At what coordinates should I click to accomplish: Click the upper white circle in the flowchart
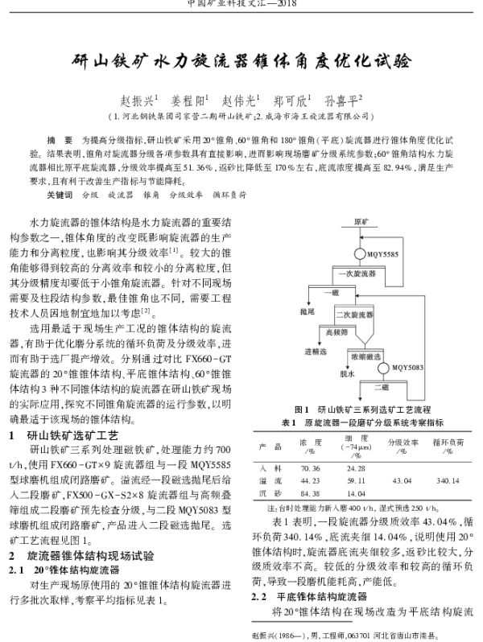pyautogui.click(x=360, y=253)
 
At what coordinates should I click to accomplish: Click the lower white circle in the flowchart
pyautogui.click(x=383, y=368)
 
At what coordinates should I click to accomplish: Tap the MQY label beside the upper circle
pyautogui.click(x=383, y=254)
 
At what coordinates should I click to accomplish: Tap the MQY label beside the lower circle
pyautogui.click(x=407, y=368)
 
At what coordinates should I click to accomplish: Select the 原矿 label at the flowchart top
pyautogui.click(x=360, y=220)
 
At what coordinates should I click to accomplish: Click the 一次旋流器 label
pyautogui.click(x=357, y=274)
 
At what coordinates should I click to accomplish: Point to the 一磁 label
pyautogui.click(x=332, y=292)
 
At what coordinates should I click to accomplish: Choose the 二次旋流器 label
pyautogui.click(x=354, y=313)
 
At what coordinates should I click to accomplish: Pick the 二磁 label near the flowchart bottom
pyautogui.click(x=382, y=388)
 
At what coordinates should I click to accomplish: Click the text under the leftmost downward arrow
pyautogui.click(x=308, y=311)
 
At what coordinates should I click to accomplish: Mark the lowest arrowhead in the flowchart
pyautogui.click(x=359, y=399)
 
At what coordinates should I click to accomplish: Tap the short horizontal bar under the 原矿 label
pyautogui.click(x=359, y=228)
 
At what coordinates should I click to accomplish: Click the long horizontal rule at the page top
pyautogui.click(x=242, y=13)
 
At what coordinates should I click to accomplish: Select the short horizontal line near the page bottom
pyautogui.click(x=302, y=621)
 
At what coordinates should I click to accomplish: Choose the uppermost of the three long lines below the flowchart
pyautogui.click(x=361, y=432)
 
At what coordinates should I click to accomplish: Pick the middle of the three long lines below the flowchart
pyautogui.click(x=361, y=462)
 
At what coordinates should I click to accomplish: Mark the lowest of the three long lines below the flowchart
pyautogui.click(x=361, y=501)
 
